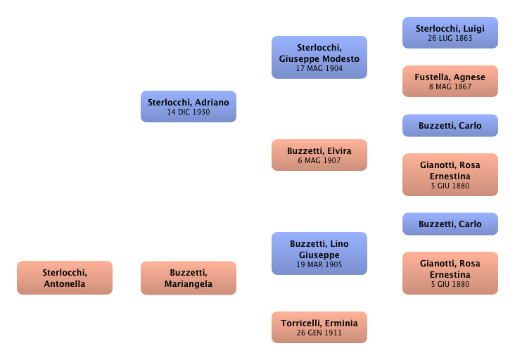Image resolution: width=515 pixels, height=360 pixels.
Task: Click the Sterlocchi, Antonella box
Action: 64,278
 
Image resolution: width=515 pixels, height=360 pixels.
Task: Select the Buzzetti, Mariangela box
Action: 188,278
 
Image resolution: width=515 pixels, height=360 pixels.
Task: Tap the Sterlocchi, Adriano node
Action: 188,106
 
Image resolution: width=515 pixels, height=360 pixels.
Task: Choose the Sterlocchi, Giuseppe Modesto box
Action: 319,57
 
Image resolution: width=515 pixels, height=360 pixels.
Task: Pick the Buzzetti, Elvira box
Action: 319,155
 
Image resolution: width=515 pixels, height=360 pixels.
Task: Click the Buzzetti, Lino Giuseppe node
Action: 319,253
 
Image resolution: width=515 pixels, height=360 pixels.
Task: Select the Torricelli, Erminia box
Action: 319,327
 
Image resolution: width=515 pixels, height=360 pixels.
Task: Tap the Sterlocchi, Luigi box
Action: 450,32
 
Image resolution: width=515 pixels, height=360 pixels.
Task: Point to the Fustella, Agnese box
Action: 450,82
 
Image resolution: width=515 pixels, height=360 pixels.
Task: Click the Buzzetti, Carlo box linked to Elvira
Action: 450,126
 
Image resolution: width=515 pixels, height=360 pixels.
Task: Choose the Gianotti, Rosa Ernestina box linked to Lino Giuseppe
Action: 450,273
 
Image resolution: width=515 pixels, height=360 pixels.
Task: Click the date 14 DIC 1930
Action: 188,112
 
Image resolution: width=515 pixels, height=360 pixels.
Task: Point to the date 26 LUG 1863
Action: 450,38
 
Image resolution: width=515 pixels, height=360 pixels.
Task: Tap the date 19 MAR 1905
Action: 319,265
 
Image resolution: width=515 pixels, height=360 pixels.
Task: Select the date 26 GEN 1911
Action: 319,333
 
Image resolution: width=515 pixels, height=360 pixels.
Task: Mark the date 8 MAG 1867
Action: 450,87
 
